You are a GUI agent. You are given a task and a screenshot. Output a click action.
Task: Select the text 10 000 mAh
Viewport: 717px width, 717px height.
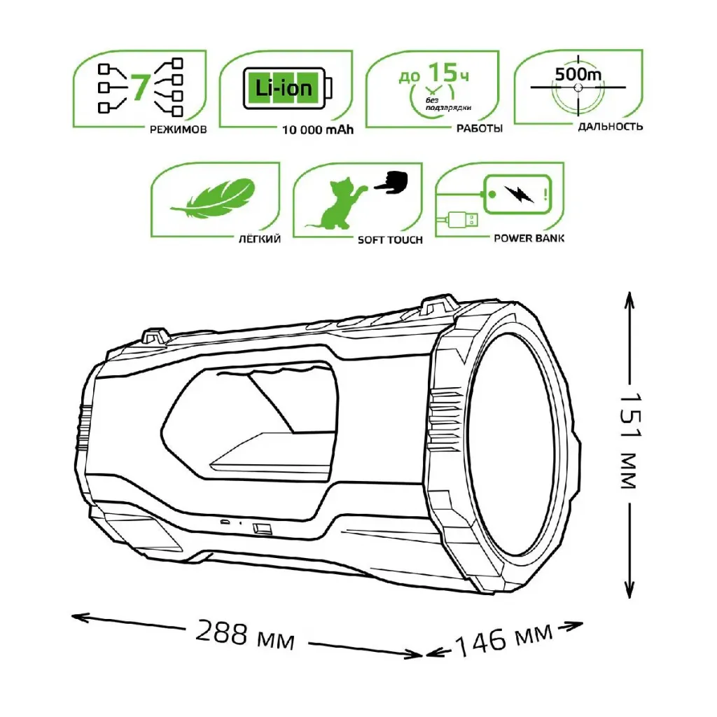318,130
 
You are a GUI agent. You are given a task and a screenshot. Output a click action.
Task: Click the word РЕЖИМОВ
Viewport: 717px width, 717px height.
179,130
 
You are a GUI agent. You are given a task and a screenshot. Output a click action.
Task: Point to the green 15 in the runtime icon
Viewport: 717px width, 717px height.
443,72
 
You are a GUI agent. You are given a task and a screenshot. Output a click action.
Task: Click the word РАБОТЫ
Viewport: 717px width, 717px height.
480,129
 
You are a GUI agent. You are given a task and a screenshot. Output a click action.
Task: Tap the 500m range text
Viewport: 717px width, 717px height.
578,74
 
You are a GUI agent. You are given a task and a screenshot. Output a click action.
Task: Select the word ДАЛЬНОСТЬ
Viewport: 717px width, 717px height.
611,126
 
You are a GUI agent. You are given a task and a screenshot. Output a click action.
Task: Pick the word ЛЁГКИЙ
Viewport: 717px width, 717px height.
260,239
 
